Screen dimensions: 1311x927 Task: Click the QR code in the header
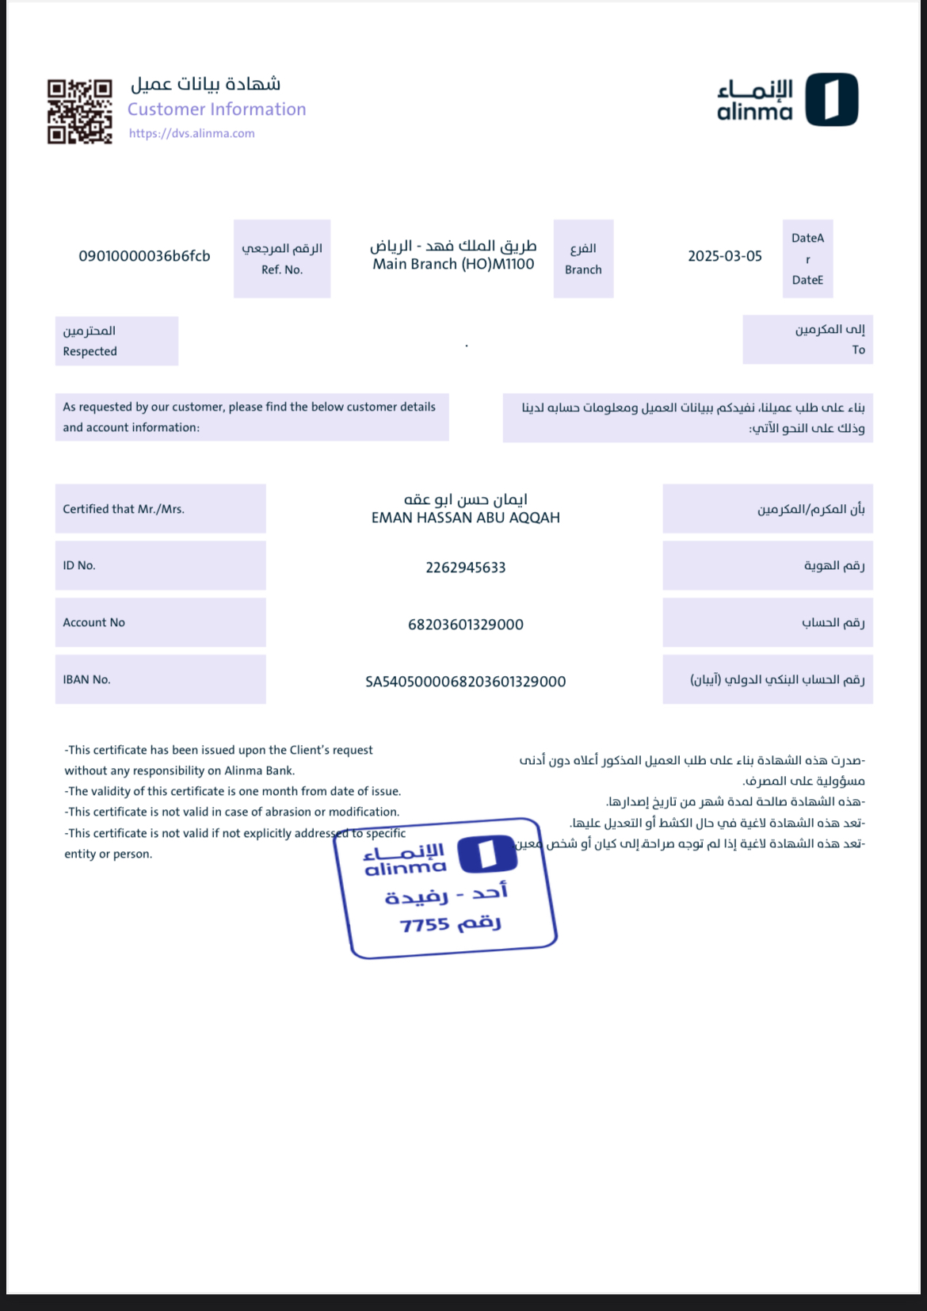click(79, 112)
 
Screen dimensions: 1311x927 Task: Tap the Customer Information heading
click(216, 109)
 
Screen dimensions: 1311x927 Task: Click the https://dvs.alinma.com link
click(192, 133)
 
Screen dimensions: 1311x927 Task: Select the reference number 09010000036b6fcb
click(144, 256)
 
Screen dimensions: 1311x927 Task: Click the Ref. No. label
click(282, 269)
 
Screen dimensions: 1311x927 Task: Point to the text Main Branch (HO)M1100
click(453, 265)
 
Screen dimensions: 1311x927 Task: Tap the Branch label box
click(583, 259)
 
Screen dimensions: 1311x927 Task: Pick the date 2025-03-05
click(724, 256)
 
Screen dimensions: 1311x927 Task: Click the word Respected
click(90, 351)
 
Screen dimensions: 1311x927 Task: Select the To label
click(858, 350)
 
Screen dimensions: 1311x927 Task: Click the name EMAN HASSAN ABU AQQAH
click(465, 518)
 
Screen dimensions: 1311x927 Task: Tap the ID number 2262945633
click(465, 568)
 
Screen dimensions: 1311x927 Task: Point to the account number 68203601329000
click(465, 625)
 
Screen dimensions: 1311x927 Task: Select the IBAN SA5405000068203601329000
click(465, 682)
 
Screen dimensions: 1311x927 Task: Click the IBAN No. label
click(86, 679)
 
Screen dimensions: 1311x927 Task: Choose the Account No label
click(93, 622)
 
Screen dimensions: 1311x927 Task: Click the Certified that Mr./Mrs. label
click(123, 509)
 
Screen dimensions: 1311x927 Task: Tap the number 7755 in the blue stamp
click(425, 925)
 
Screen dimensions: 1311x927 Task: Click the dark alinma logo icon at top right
click(832, 100)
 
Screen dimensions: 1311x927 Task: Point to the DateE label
click(807, 280)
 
